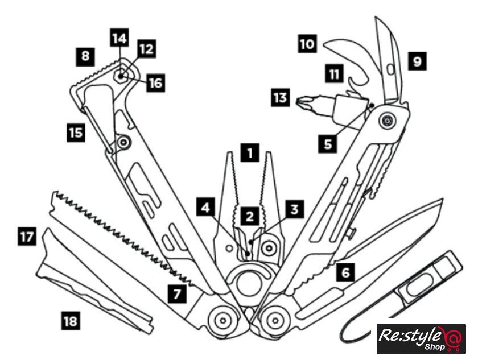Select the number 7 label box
pos(293,209)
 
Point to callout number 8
pos(85,56)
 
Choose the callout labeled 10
pos(307,44)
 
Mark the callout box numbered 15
pos(75,133)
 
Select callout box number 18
pos(71,321)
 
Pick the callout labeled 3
pos(293,209)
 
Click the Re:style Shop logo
pos(421,339)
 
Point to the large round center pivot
pos(246,283)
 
